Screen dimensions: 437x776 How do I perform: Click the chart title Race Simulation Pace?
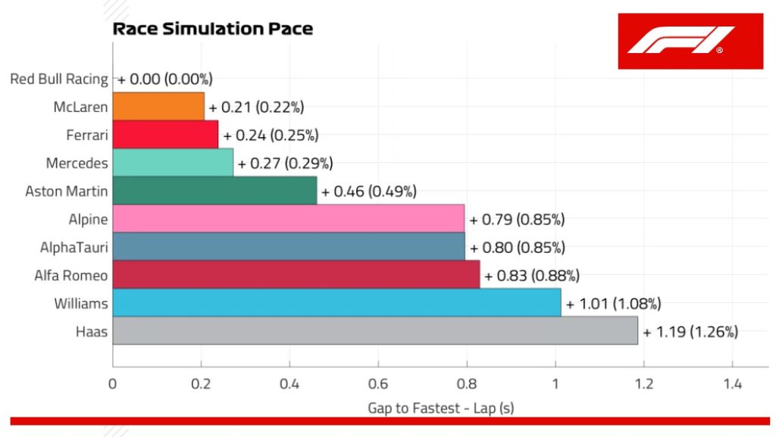(x=212, y=29)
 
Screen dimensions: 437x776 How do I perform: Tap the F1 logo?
(x=679, y=41)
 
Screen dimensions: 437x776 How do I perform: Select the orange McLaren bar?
(x=158, y=107)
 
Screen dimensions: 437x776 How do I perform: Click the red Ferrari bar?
(x=165, y=135)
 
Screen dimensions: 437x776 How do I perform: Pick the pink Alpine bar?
(x=288, y=219)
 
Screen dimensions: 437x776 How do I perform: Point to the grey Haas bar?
(x=375, y=331)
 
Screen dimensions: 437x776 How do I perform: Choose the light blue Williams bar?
(x=336, y=303)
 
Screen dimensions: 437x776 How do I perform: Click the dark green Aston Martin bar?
(x=214, y=191)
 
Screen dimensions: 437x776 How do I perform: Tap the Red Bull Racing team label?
(x=59, y=79)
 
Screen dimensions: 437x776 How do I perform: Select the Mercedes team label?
(x=77, y=163)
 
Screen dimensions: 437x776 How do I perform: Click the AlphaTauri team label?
(x=74, y=247)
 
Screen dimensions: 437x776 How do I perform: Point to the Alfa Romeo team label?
(x=70, y=275)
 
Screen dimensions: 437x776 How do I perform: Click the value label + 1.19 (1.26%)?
(x=690, y=331)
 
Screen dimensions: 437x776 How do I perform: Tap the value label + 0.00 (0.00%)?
(x=165, y=79)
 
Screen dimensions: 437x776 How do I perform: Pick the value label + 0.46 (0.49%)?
(x=369, y=191)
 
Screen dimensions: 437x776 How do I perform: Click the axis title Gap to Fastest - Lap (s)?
(x=440, y=407)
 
